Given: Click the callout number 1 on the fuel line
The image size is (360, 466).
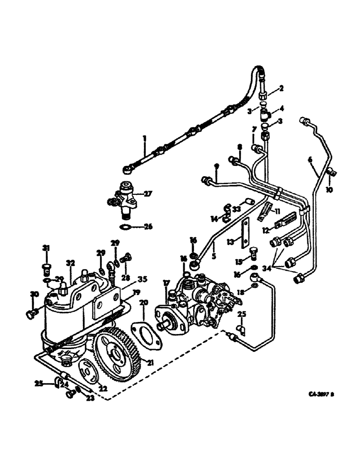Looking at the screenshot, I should pos(145,138).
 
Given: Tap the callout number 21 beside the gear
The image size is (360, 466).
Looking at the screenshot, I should pos(150,362).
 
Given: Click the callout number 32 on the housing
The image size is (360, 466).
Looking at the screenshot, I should pos(71,264).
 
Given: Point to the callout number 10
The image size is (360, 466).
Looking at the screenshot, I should pos(331,191).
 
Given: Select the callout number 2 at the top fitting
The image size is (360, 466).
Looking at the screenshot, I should pos(281,87).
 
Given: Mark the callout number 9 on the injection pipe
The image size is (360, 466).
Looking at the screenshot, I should pos(216,166).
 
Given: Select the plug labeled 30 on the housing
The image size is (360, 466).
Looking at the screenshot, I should pos(30,315).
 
